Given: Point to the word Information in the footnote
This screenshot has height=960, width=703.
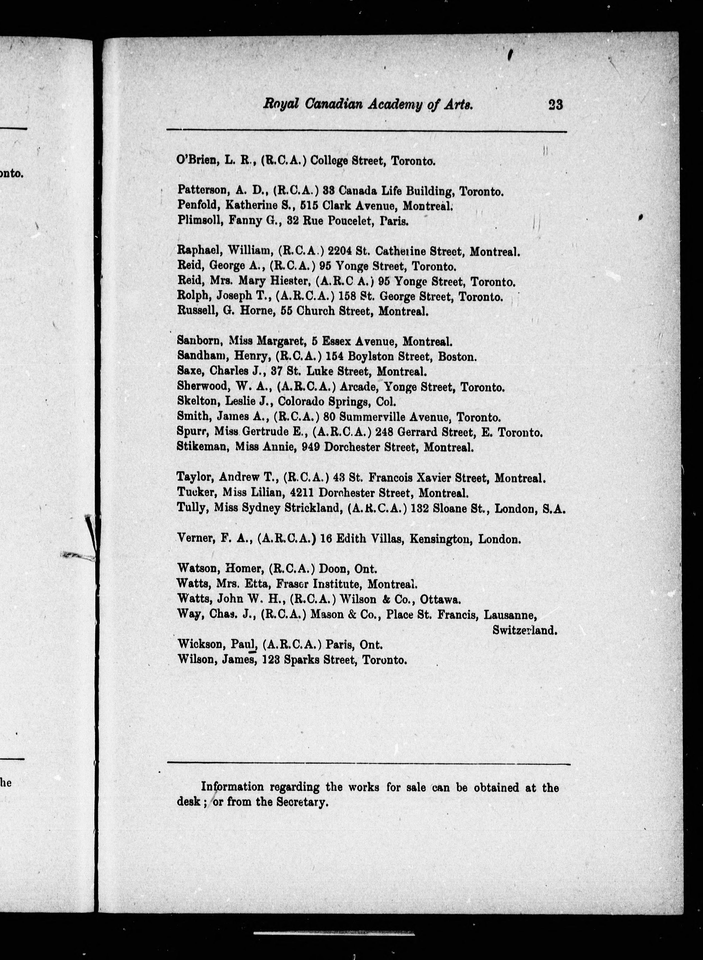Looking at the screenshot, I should (x=232, y=787).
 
